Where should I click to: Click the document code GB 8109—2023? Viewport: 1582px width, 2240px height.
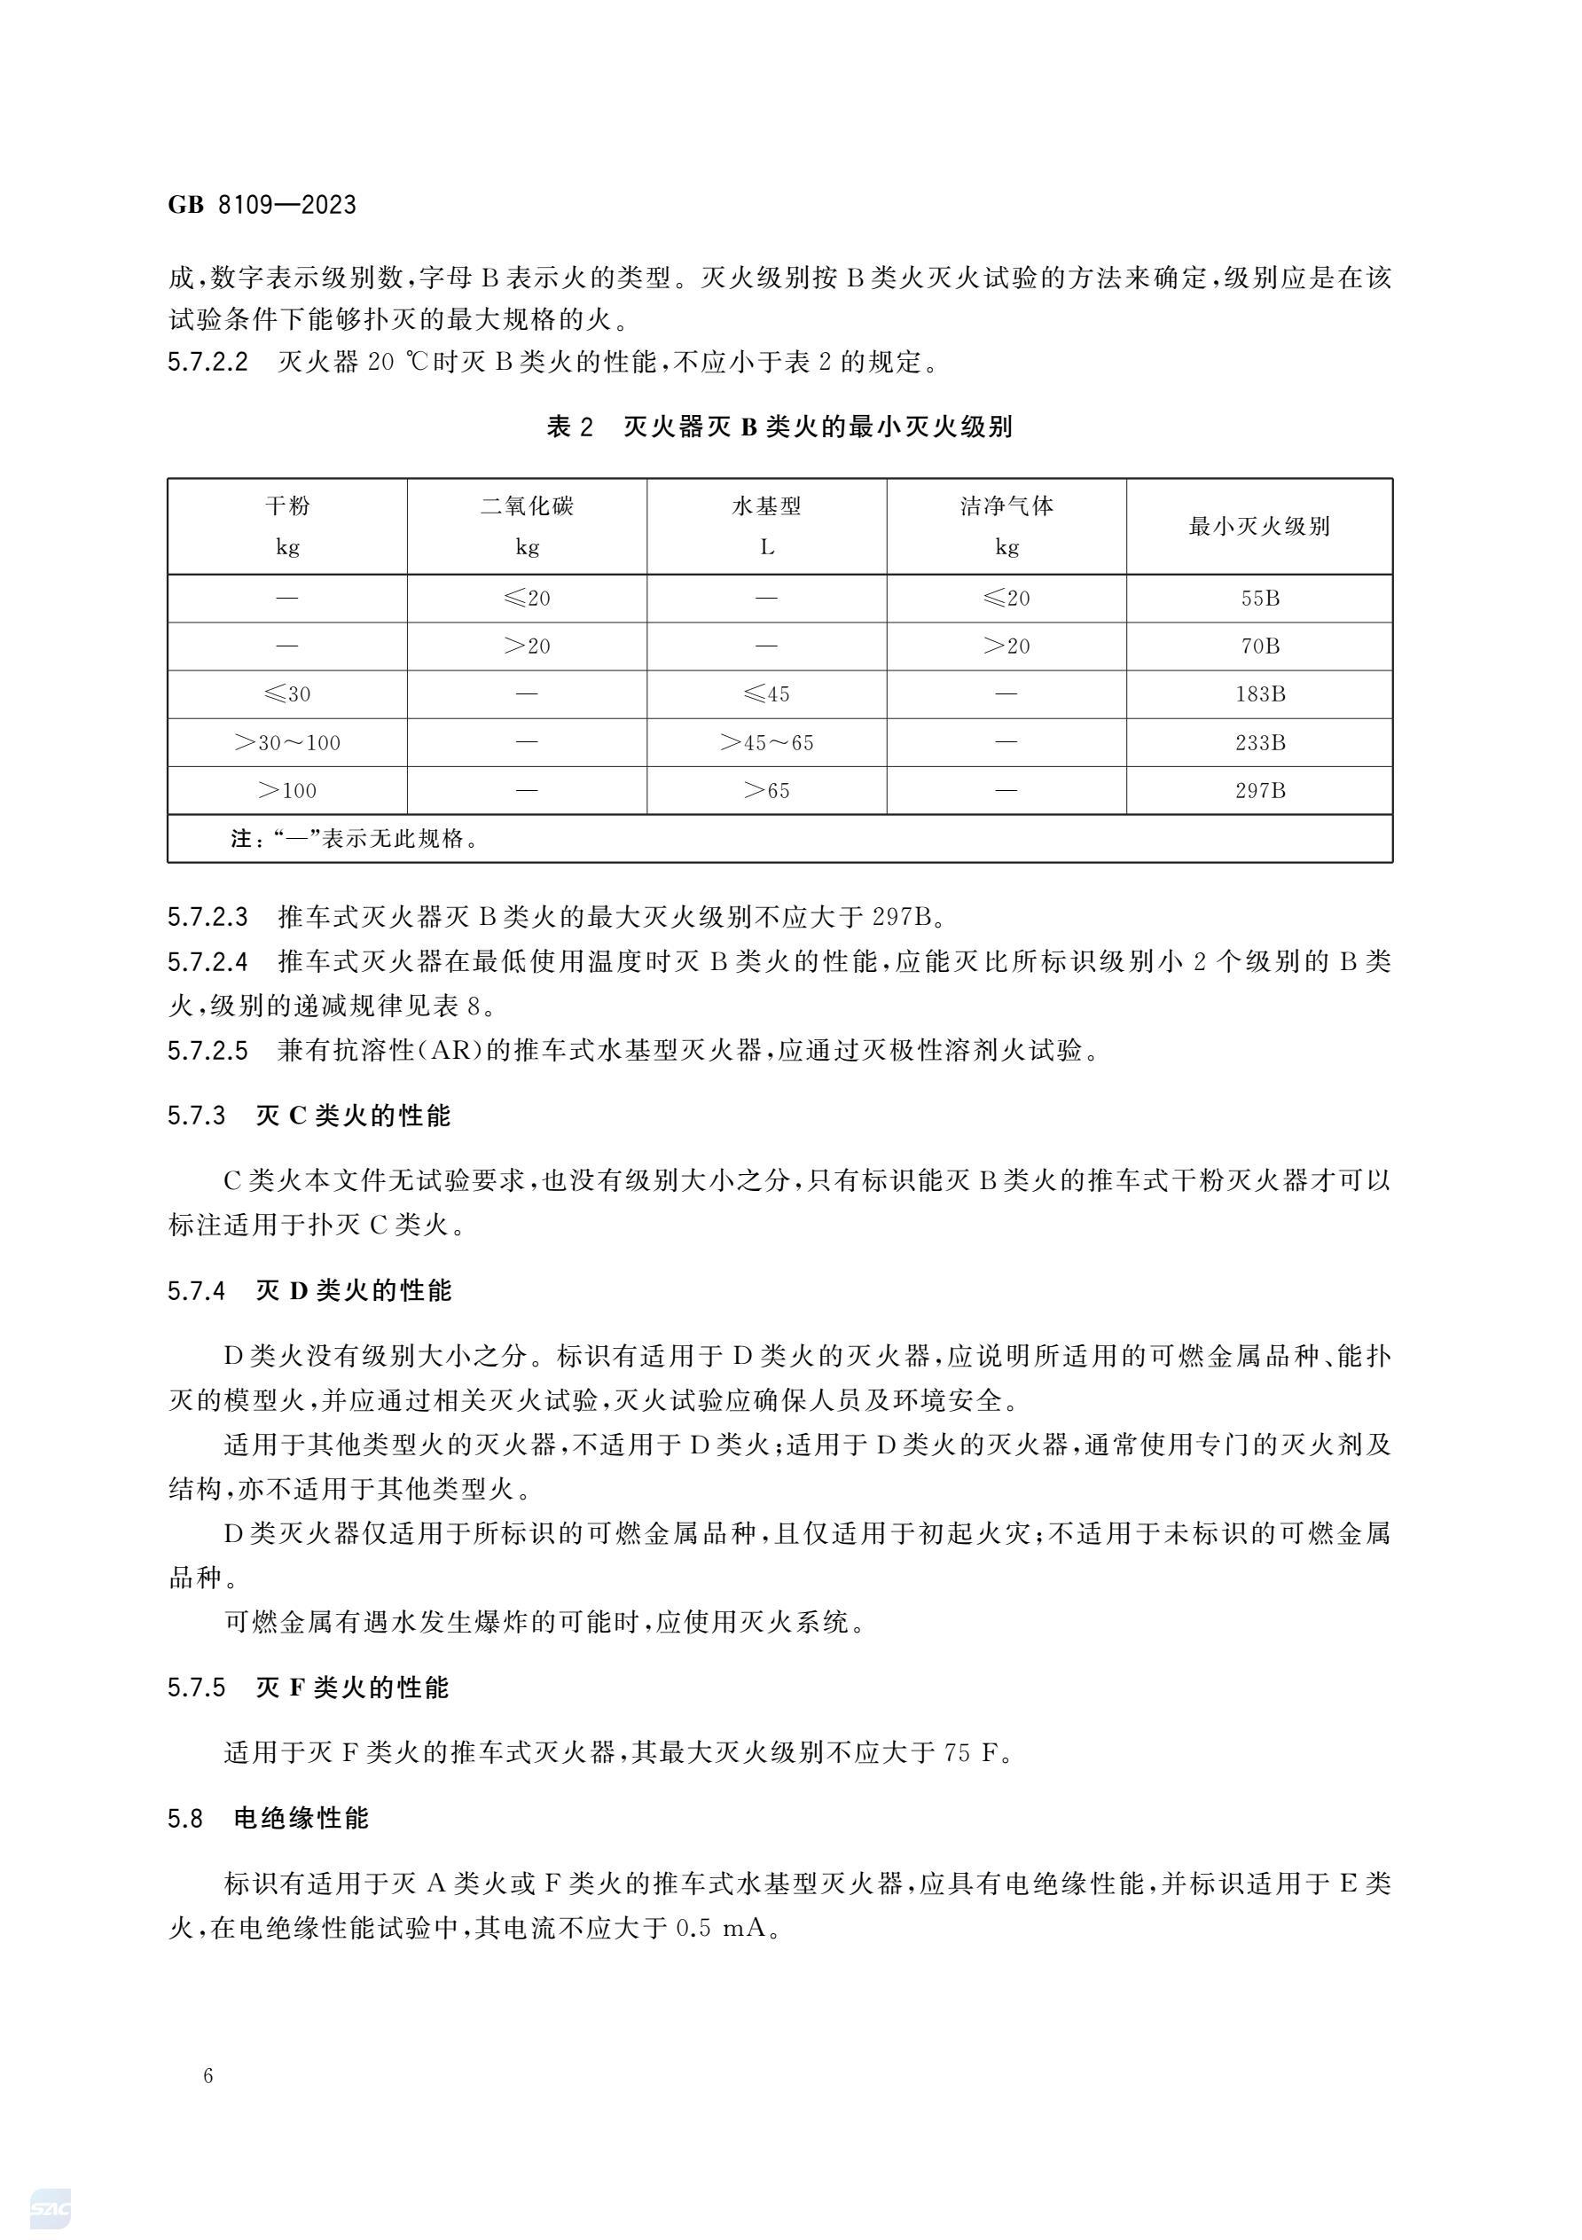tap(262, 205)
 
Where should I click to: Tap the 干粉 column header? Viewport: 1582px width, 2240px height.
tap(286, 506)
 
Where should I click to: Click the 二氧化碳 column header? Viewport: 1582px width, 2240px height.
tap(527, 506)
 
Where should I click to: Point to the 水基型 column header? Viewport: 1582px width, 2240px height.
tap(767, 506)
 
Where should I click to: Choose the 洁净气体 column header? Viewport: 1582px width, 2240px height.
tap(1006, 506)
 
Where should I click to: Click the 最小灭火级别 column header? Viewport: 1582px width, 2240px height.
tap(1259, 527)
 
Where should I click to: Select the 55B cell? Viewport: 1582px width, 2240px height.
tap(1259, 598)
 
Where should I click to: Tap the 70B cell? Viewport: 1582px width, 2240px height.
tap(1259, 646)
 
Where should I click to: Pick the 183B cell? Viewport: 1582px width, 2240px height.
tap(1259, 694)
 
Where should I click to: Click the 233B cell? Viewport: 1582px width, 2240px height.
tap(1259, 742)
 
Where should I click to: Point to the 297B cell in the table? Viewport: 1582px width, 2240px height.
tap(1259, 790)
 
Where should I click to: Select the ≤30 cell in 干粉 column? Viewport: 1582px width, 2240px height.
tap(286, 694)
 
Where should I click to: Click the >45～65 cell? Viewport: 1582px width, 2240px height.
tap(767, 742)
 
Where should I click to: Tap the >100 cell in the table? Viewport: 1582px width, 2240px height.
tap(286, 790)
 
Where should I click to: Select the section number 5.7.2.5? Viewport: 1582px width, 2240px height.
tap(208, 1050)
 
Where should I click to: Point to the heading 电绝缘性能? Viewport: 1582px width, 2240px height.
tap(302, 1819)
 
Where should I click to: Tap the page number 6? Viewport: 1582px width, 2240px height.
tap(208, 2076)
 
